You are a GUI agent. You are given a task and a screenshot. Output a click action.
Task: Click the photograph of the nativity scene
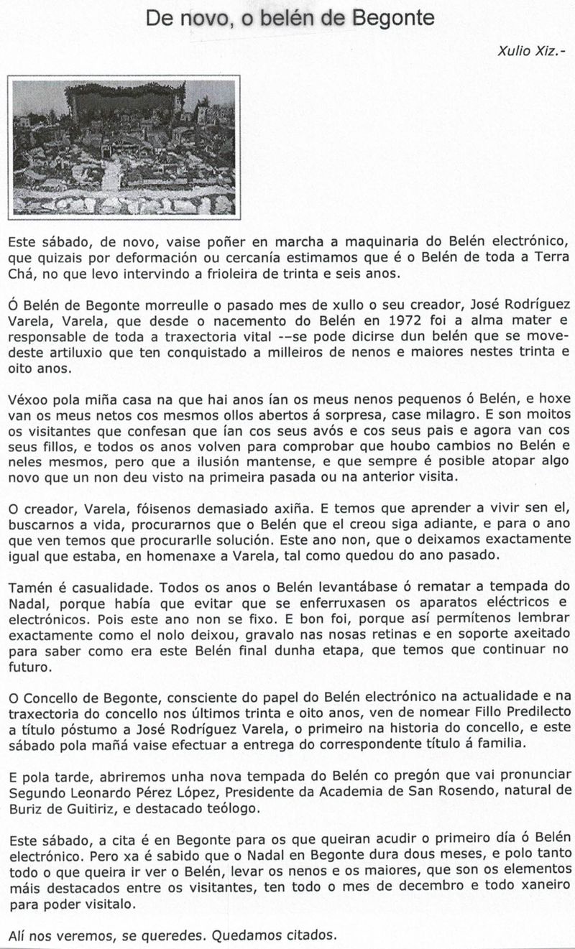[123, 147]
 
